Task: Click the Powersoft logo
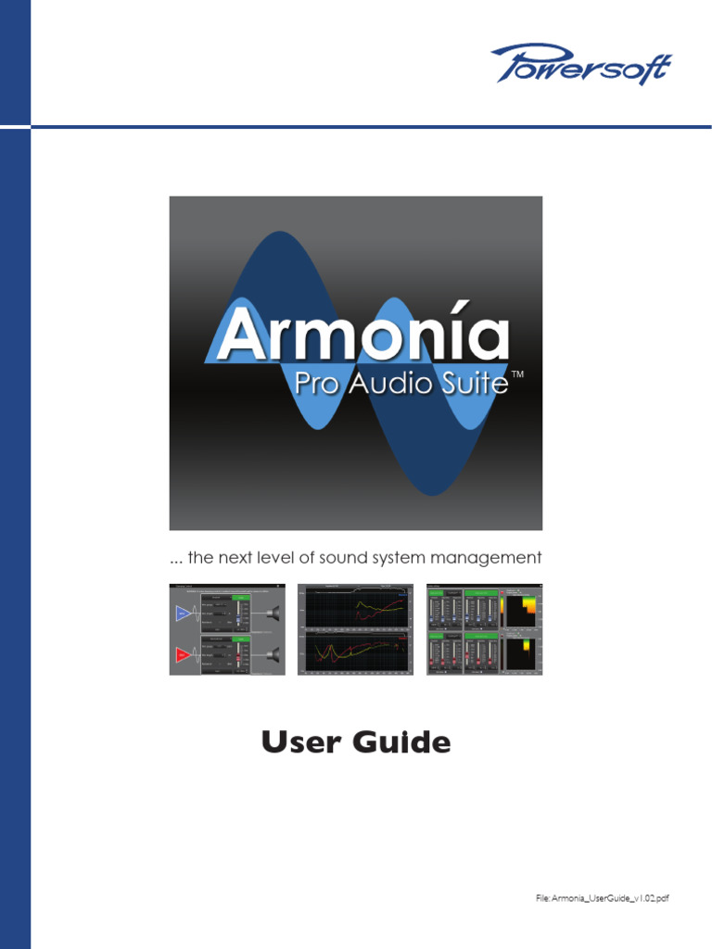(x=580, y=64)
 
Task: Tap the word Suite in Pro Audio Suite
(x=473, y=384)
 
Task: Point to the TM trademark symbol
(x=518, y=373)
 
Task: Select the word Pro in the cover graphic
(x=317, y=384)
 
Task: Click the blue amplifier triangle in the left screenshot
(x=182, y=613)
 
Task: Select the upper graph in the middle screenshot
(x=355, y=608)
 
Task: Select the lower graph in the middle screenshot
(x=355, y=652)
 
